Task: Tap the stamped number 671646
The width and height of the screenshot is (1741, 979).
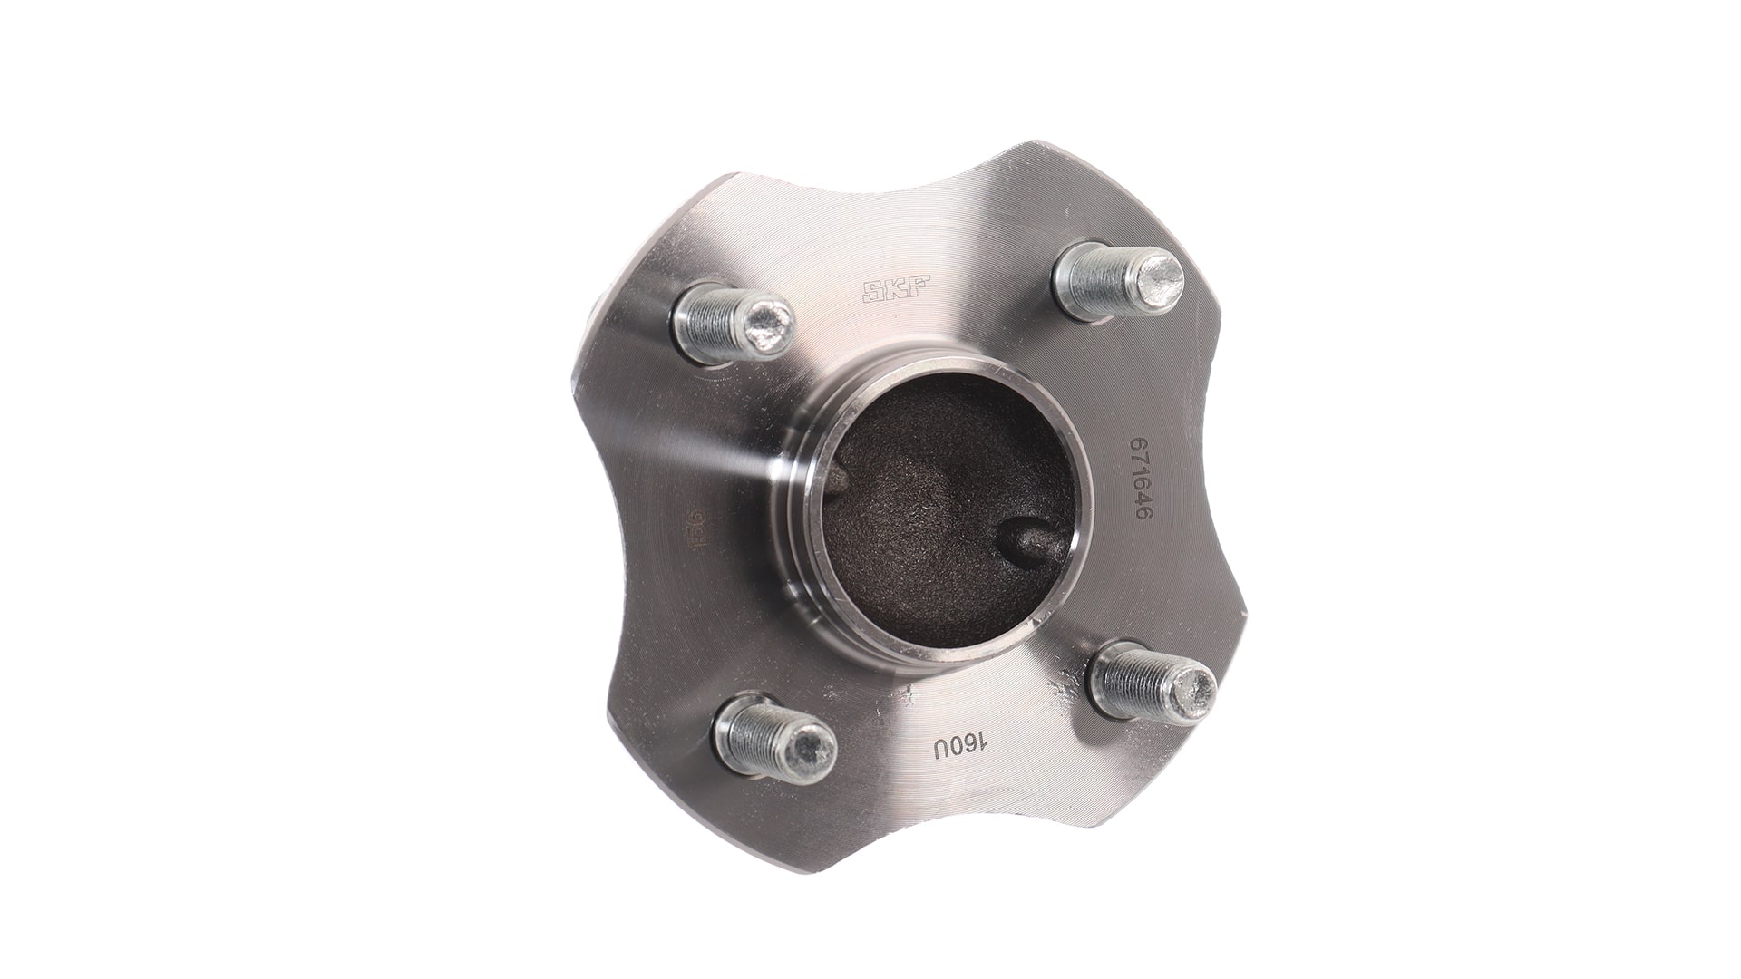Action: click(x=1139, y=478)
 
